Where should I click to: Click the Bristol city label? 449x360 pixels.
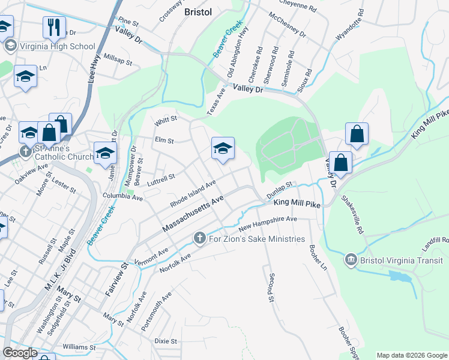(198, 11)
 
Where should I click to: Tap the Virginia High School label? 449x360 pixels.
(58, 46)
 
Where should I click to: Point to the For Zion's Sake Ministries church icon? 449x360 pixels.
(200, 239)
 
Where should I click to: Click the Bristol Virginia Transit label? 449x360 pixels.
(402, 260)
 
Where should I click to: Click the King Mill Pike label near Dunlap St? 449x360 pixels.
(297, 204)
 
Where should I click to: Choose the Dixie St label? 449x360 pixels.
(165, 341)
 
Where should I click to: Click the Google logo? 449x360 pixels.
(20, 353)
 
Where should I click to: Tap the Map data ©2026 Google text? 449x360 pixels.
(411, 355)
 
